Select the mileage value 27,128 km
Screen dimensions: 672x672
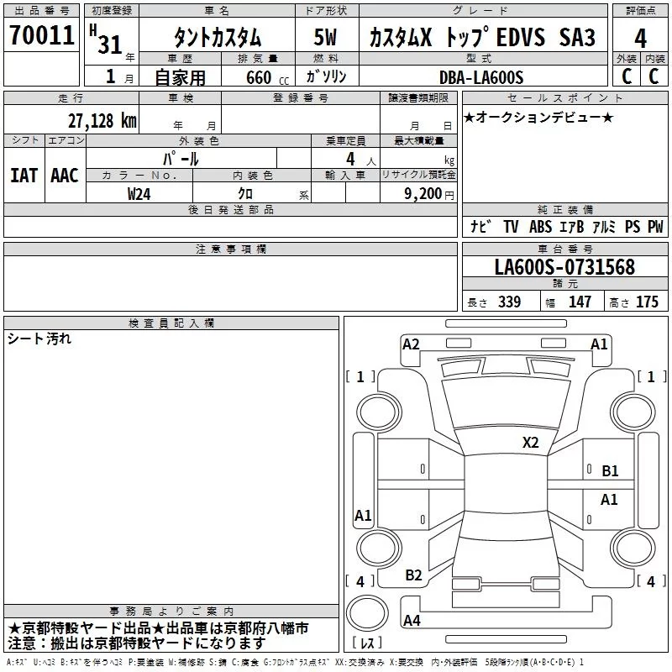pyautogui.click(x=102, y=120)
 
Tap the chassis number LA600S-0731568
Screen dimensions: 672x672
pyautogui.click(x=564, y=267)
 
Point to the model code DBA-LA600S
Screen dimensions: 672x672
pyautogui.click(x=480, y=78)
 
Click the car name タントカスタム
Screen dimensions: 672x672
pyautogui.click(x=218, y=38)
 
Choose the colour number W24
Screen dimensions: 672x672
pyautogui.click(x=140, y=194)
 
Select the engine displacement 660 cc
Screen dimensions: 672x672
pyautogui.click(x=256, y=78)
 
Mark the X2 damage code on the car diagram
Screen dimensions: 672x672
pyautogui.click(x=530, y=442)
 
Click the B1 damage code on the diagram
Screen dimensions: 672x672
pyautogui.click(x=610, y=471)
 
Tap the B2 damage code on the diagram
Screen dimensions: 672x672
pyautogui.click(x=413, y=575)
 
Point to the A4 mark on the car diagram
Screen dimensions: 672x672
pyautogui.click(x=412, y=621)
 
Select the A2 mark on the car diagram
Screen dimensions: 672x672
pyautogui.click(x=411, y=344)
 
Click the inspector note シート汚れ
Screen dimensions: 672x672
pyautogui.click(x=39, y=339)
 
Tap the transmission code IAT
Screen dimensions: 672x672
pyautogui.click(x=24, y=175)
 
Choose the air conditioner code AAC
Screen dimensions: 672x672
pyautogui.click(x=65, y=175)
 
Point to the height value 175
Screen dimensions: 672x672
pyautogui.click(x=647, y=302)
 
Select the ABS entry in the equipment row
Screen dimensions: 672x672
pyautogui.click(x=541, y=227)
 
